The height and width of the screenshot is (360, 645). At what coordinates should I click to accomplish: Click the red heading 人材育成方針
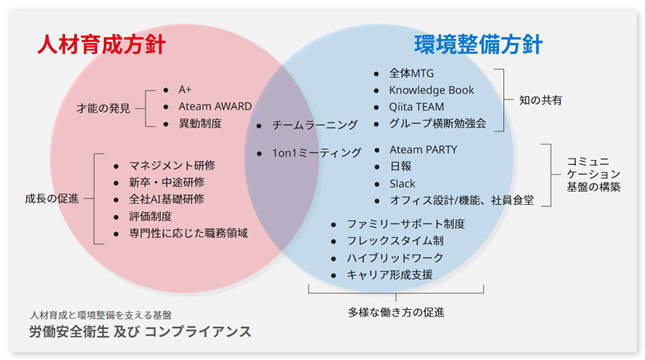point(102,44)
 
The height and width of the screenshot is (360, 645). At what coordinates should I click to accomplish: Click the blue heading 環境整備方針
point(478,44)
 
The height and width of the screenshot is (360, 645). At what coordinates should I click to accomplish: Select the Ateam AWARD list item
point(215,106)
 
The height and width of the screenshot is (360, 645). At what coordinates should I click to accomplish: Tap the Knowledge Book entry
point(432,90)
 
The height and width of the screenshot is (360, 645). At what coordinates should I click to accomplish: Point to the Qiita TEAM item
point(417,107)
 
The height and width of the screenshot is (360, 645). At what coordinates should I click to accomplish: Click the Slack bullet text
point(402,183)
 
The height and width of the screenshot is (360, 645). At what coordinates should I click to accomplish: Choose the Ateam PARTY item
point(423,149)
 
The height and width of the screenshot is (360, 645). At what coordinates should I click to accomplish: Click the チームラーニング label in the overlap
point(315,125)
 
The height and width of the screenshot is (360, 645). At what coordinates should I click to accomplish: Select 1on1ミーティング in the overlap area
point(316,153)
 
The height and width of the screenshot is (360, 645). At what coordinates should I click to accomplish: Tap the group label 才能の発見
point(103,108)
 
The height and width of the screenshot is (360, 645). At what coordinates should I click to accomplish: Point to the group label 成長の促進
point(52,199)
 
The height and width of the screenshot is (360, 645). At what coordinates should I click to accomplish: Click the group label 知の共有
point(541,100)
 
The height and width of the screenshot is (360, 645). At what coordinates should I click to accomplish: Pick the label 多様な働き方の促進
point(396,313)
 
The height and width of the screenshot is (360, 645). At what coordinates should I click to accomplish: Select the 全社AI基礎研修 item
point(167,199)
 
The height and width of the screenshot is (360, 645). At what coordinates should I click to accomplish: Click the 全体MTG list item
point(411,73)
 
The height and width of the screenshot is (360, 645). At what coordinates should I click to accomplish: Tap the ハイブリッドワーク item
point(395,258)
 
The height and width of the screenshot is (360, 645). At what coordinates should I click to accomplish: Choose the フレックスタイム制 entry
point(395,241)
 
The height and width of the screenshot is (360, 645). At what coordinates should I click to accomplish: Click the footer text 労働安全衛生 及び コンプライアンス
point(140,332)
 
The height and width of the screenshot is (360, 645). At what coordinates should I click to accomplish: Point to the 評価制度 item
point(151,216)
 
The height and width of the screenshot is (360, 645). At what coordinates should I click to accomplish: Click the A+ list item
point(185,89)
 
